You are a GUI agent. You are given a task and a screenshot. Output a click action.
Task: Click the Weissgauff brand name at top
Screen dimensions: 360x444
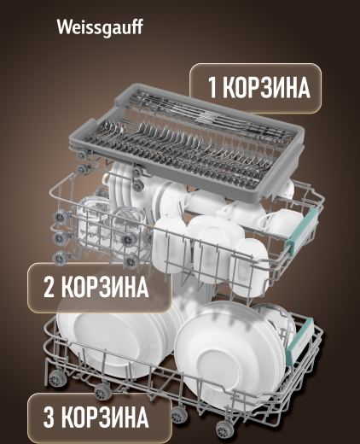pos(100,28)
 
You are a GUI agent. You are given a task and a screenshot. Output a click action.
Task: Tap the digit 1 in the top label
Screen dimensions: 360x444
pos(212,87)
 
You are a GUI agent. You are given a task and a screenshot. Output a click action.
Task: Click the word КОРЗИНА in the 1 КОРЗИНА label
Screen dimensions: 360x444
pos(266,87)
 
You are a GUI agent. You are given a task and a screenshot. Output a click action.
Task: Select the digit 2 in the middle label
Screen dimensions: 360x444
pos(49,287)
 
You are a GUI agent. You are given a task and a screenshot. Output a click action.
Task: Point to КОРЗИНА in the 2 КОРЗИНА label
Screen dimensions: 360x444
pos(105,287)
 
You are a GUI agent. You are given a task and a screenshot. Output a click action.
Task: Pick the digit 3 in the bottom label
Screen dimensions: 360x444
pos(49,418)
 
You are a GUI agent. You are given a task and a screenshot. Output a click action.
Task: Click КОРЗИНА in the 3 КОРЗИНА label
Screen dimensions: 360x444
pos(105,418)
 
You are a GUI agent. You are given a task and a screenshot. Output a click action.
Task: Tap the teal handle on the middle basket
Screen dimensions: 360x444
pos(302,230)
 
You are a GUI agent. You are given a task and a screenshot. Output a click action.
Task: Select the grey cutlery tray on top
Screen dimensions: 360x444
pos(186,143)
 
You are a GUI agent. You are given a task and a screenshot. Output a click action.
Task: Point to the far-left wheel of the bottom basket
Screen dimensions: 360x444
pos(57,379)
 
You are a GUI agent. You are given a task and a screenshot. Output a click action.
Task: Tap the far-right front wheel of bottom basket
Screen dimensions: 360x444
pos(225,429)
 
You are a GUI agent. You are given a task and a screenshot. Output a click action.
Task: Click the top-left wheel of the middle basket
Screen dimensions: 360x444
pos(61,218)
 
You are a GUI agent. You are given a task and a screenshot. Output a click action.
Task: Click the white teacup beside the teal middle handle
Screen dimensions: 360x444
pos(280,222)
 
